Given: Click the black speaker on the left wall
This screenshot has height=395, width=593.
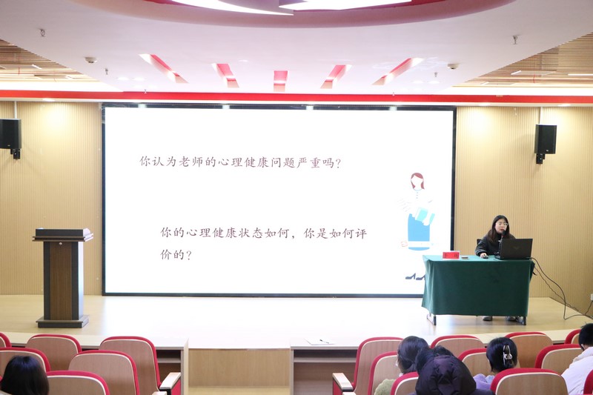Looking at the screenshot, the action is pyautogui.click(x=10, y=134).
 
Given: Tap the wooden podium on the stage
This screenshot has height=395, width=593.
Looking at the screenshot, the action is pyautogui.click(x=63, y=277).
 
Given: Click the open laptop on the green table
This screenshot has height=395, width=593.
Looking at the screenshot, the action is pyautogui.click(x=514, y=248).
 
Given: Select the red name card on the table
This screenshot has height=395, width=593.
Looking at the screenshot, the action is pyautogui.click(x=451, y=255).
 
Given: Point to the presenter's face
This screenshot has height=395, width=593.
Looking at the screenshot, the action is pyautogui.click(x=501, y=225).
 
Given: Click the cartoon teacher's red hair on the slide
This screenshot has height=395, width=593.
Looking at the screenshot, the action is pyautogui.click(x=417, y=180).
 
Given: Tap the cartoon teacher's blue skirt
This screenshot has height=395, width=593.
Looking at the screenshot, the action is pyautogui.click(x=419, y=230).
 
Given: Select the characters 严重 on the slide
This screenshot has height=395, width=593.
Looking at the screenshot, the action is pyautogui.click(x=309, y=163).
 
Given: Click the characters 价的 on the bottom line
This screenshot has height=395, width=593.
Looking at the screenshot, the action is pyautogui.click(x=172, y=254).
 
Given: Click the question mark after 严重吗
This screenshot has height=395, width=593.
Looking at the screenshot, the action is pyautogui.click(x=338, y=164).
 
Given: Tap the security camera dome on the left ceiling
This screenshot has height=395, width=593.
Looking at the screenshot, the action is pyautogui.click(x=90, y=60).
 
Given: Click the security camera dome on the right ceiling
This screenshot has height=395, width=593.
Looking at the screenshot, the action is pyautogui.click(x=453, y=66).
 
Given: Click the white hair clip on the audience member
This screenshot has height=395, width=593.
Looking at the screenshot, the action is pyautogui.click(x=507, y=354).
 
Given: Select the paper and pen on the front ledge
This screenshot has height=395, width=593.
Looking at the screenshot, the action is pyautogui.click(x=319, y=342).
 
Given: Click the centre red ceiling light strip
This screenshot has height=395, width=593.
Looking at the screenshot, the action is pyautogui.click(x=281, y=81).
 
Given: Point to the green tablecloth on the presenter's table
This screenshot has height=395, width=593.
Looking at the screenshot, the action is pyautogui.click(x=477, y=286).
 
